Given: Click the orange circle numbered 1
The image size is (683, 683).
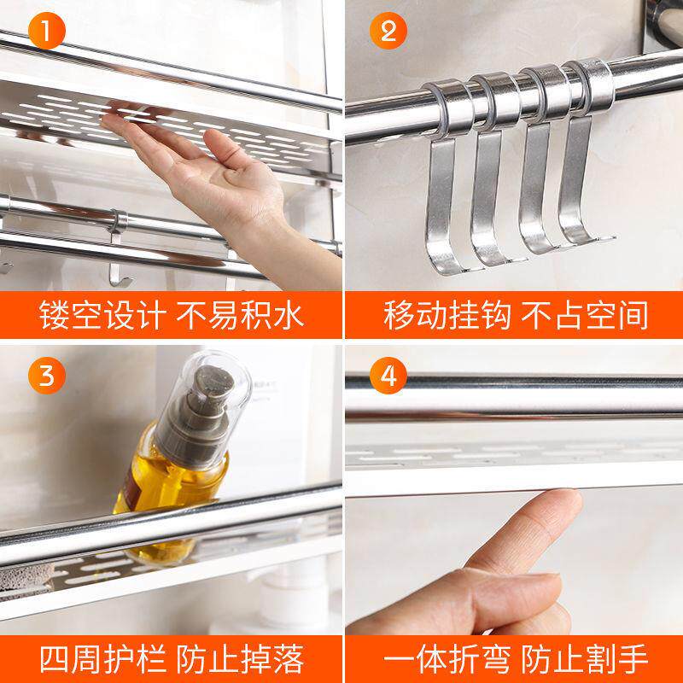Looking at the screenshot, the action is [x=47, y=31].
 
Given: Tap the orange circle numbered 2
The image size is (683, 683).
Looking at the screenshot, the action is [x=388, y=31].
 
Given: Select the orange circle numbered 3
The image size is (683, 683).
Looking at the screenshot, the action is [x=47, y=376].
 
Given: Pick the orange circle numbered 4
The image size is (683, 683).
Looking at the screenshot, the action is [x=388, y=376].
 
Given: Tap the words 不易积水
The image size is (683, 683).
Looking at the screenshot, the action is [x=240, y=314].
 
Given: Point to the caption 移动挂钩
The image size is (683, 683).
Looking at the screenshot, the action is [x=447, y=314].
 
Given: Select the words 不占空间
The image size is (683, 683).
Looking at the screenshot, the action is [x=585, y=314].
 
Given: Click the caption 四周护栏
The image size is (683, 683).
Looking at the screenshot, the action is [x=102, y=659].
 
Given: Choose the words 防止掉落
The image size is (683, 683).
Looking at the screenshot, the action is [x=240, y=659].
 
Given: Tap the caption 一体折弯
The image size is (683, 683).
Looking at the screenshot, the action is [x=447, y=659].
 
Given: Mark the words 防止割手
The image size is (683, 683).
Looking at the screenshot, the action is [x=585, y=659].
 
